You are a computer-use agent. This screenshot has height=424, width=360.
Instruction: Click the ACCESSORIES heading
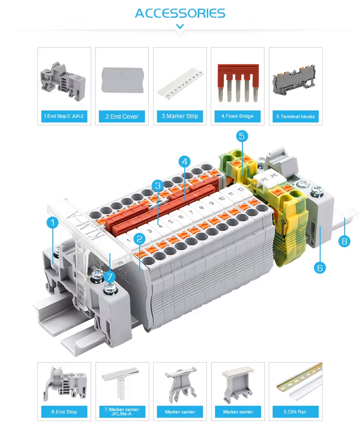(x=180, y=13)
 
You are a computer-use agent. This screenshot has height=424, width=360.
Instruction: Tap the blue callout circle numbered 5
(x=242, y=136)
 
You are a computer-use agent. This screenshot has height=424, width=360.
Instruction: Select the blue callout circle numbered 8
(x=344, y=241)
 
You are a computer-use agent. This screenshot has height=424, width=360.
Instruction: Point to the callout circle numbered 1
(x=52, y=223)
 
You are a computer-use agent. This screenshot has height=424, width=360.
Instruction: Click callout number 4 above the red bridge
(x=185, y=162)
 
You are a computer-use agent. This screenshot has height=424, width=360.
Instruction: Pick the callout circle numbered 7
(x=110, y=277)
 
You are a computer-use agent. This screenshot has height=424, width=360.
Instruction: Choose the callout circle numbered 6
(x=320, y=268)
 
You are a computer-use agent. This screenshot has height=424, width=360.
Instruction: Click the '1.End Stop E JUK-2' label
(x=64, y=116)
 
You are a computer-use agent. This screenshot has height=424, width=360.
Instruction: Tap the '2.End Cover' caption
(x=122, y=117)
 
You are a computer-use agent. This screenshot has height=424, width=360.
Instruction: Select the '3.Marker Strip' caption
(x=180, y=116)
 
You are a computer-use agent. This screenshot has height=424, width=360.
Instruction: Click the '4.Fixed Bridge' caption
(x=238, y=116)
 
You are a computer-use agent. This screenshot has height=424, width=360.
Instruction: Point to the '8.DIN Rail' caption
(x=295, y=412)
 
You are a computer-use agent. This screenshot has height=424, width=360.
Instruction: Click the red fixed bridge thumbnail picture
(x=238, y=83)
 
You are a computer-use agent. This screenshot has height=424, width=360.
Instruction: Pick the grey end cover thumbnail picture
(x=123, y=80)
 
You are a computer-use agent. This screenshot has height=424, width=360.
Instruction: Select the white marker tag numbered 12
(x=240, y=190)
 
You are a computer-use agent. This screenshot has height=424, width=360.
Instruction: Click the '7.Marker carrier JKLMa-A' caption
(x=122, y=412)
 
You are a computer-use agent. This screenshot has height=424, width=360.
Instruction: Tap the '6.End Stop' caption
(x=64, y=412)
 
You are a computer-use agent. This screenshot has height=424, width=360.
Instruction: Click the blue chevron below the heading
(x=180, y=26)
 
